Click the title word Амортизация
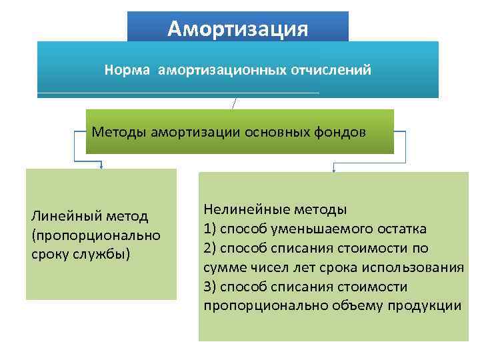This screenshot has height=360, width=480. (x=238, y=29)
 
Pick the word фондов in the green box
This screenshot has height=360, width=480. (x=341, y=131)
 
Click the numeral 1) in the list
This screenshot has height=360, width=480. (x=211, y=229)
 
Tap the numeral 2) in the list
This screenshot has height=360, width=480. (x=211, y=249)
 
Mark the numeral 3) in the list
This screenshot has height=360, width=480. (x=211, y=287)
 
